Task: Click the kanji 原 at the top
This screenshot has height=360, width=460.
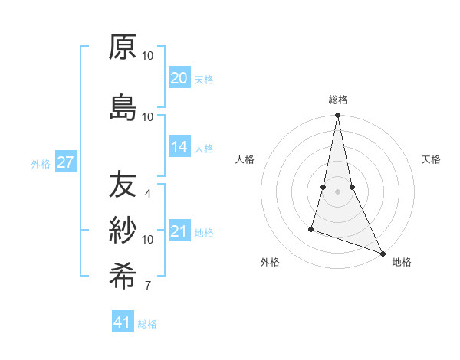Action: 123,47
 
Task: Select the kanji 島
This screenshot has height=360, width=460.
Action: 123,107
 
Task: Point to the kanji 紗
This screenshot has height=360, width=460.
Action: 123,230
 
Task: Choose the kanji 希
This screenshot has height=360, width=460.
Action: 123,275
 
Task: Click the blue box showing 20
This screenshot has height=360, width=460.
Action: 179,78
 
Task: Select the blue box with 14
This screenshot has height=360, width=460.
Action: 179,147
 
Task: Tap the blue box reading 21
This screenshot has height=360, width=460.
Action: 179,231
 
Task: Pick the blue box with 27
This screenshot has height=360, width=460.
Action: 65,162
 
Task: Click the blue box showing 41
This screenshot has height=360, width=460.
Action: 123,322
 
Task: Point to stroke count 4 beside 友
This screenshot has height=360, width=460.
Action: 147,194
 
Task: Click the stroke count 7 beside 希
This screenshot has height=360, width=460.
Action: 147,286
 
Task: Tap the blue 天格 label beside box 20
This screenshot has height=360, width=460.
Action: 203,80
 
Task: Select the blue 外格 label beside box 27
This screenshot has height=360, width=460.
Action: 41,163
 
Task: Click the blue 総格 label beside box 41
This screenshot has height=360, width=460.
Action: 147,324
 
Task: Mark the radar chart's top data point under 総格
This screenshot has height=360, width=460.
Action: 337,116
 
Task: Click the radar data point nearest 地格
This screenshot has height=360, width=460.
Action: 383,254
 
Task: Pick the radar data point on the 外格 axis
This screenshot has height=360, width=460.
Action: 311,228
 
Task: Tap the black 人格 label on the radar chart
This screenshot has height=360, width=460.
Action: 245,159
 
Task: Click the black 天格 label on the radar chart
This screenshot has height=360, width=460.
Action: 431,159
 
